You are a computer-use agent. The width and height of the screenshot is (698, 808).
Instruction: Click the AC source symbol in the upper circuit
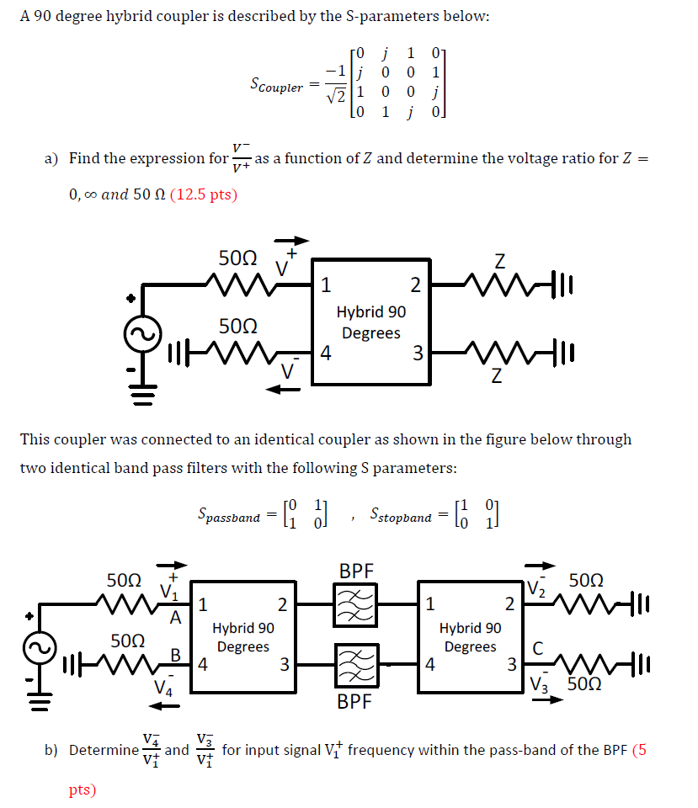tap(141, 336)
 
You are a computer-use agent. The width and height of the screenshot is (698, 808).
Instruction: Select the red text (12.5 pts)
tap(204, 194)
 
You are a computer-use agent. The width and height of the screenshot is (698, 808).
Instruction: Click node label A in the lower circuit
tap(176, 619)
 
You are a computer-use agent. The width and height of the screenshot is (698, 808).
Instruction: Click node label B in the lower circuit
tap(176, 653)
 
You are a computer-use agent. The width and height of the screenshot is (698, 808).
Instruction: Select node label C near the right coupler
tap(535, 648)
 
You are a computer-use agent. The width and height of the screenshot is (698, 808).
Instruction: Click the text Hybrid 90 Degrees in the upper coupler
tap(370, 322)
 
